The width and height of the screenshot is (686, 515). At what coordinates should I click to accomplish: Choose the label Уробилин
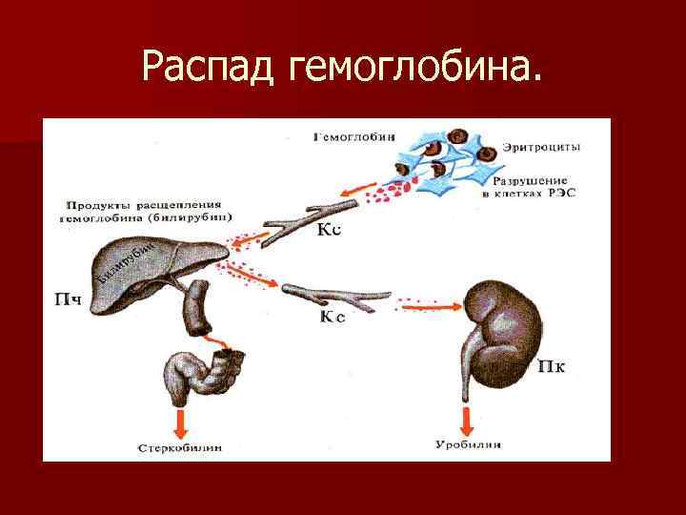click(469, 445)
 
